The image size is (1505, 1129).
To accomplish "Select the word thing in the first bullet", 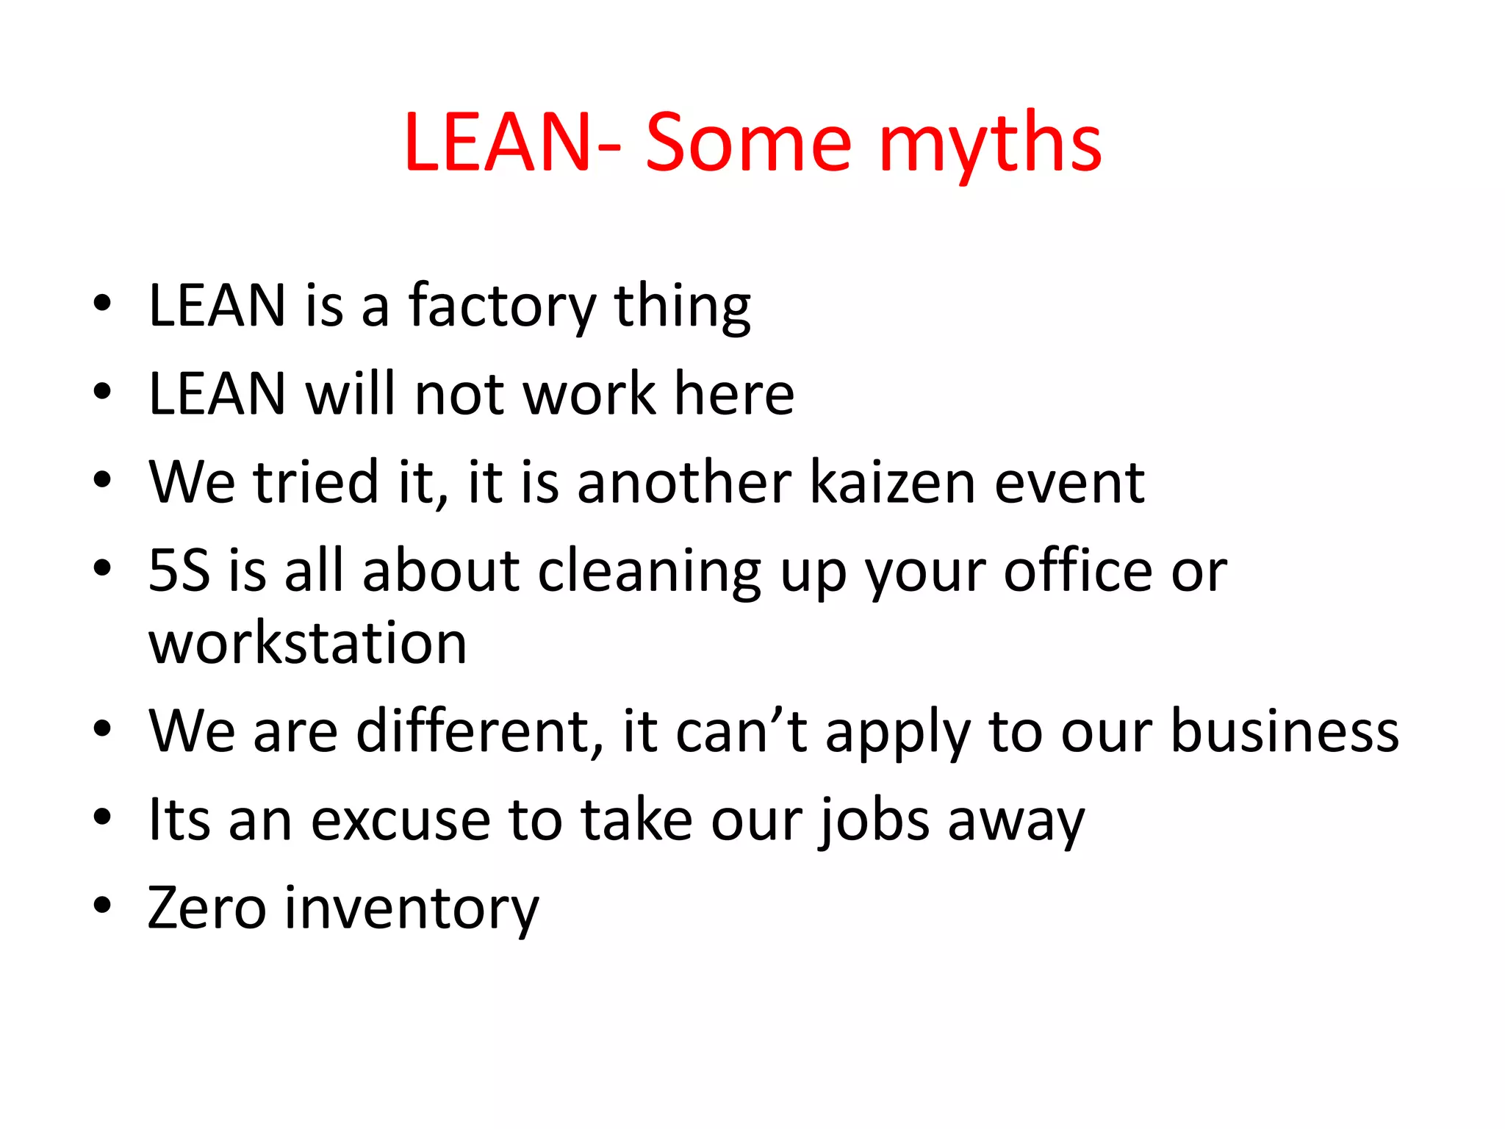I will (x=682, y=307).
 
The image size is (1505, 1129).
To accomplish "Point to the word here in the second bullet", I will (x=734, y=394).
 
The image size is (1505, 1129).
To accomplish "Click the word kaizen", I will (x=892, y=482).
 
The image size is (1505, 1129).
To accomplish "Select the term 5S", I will (x=179, y=570).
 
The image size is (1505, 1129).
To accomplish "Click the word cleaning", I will (x=650, y=572).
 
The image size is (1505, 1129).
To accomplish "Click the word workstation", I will (x=308, y=643).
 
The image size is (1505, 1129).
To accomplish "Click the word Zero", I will (x=206, y=908).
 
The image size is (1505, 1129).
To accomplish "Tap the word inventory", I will (x=412, y=910).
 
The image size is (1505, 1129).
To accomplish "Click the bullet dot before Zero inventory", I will (x=102, y=906).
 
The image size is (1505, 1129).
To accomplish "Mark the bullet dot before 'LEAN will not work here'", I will (x=102, y=391).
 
